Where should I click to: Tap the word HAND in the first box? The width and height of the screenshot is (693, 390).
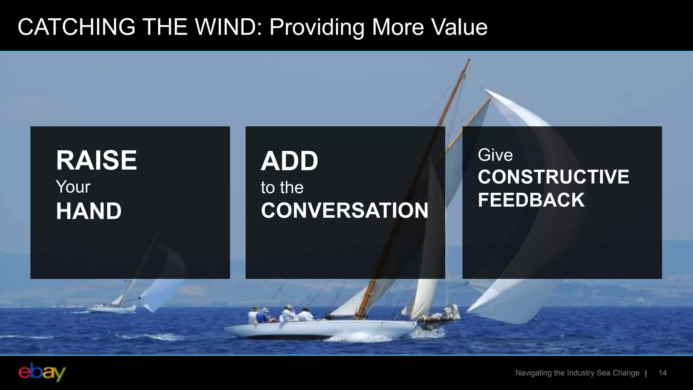(x=89, y=211)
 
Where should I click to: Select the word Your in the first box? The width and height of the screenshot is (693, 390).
(x=73, y=187)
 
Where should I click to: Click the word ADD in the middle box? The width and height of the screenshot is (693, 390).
(x=289, y=161)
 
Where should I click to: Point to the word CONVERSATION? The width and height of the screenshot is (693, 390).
(x=344, y=210)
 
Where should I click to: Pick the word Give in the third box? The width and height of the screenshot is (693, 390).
(x=495, y=155)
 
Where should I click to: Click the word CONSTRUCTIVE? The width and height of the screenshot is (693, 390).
(x=553, y=177)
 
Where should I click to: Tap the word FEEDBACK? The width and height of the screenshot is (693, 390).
(x=531, y=200)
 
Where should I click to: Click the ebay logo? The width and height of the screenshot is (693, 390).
(x=42, y=372)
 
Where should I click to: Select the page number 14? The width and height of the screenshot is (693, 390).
(x=663, y=373)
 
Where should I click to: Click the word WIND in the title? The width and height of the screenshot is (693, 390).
(x=228, y=27)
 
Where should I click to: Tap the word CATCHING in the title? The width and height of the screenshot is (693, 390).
(x=76, y=27)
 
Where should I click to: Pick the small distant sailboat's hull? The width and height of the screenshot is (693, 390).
(x=112, y=309)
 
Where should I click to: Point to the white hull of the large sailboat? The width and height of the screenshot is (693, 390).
(x=321, y=328)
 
